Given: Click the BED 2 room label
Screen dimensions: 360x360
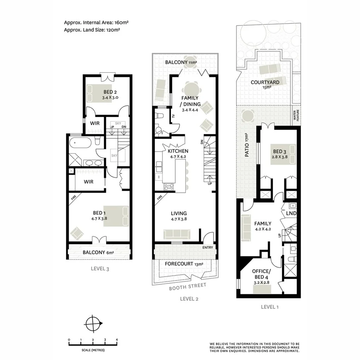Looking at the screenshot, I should click(110, 92).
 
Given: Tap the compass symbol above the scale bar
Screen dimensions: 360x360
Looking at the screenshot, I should click(93, 323).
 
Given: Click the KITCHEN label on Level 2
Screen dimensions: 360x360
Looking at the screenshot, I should click(178, 151).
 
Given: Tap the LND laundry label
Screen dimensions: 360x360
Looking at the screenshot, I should click(291, 213).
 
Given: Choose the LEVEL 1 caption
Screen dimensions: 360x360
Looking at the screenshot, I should click(270, 307).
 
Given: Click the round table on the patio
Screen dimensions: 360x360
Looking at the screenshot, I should click(247, 115).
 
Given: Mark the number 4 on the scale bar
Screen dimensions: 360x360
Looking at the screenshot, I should click(117, 340).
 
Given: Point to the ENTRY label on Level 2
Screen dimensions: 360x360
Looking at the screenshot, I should click(207, 247).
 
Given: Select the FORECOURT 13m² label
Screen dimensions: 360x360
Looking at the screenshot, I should click(184, 264).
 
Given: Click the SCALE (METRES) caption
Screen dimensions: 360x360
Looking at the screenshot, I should click(93, 350).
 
